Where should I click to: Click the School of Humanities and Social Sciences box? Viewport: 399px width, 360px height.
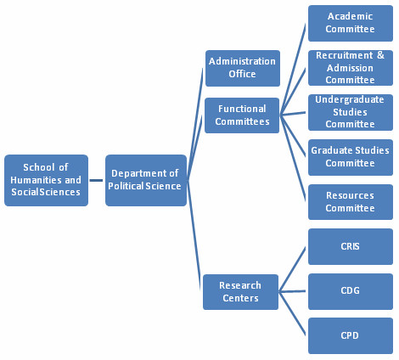[x=46, y=180]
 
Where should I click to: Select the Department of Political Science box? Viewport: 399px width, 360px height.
[x=146, y=180]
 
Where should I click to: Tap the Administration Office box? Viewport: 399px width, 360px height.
[x=243, y=68]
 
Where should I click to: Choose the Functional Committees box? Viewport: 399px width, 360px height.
[x=242, y=115]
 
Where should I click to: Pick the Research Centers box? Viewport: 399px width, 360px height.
[x=240, y=292]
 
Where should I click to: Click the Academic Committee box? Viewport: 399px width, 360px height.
[x=351, y=23]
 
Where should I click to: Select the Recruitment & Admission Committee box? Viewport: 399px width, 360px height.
[x=351, y=68]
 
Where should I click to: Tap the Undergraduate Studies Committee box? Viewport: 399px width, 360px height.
[x=351, y=112]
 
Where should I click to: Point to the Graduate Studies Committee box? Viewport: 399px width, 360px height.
[x=351, y=157]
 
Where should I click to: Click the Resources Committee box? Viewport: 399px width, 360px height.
[x=351, y=202]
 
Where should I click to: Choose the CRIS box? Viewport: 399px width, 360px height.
[x=351, y=246]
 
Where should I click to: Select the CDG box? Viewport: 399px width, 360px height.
[x=351, y=291]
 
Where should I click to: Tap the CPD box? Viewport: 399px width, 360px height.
[x=351, y=335]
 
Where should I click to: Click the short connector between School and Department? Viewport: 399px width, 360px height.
[x=96, y=180]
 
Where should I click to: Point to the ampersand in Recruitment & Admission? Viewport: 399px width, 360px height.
[x=380, y=55]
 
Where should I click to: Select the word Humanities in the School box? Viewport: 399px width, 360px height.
[x=36, y=180]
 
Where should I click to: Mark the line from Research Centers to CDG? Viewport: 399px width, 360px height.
[x=292, y=291]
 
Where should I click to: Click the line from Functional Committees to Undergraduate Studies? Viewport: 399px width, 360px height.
[x=293, y=114]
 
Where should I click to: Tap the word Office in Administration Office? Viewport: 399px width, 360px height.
[x=242, y=74]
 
